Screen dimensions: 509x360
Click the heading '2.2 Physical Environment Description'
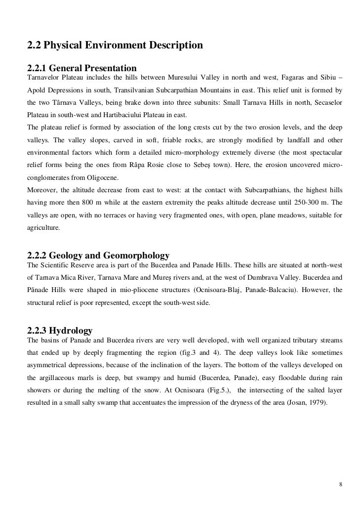click(x=115, y=46)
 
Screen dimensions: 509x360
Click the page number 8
click(x=341, y=483)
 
